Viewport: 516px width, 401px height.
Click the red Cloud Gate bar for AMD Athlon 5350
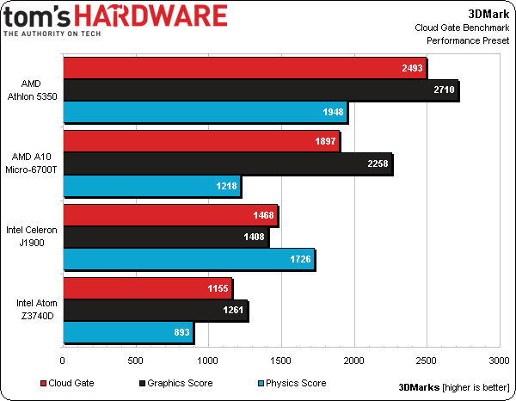pyautogui.click(x=244, y=69)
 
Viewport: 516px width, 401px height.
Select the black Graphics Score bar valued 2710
pyautogui.click(x=260, y=90)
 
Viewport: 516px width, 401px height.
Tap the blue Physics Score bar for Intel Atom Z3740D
pyautogui.click(x=127, y=331)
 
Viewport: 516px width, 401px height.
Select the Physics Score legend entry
pyautogui.click(x=292, y=383)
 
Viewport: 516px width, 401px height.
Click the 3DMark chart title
pyautogui.click(x=488, y=13)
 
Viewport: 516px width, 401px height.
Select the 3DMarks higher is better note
pyautogui.click(x=453, y=386)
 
